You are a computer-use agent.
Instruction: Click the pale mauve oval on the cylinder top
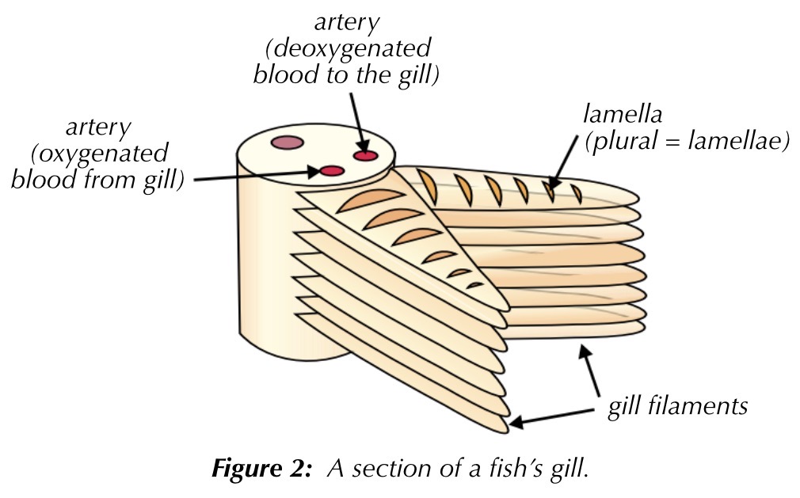pyautogui.click(x=286, y=143)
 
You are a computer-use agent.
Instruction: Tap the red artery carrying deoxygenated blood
pyautogui.click(x=365, y=155)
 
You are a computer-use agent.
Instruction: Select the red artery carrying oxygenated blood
pyautogui.click(x=331, y=170)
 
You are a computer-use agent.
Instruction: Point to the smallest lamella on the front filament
pyautogui.click(x=474, y=284)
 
